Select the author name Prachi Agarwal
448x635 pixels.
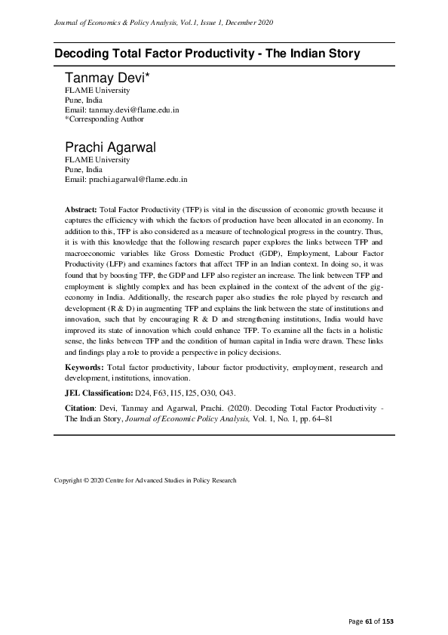pos(109,147)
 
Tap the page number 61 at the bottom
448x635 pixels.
pos(370,621)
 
